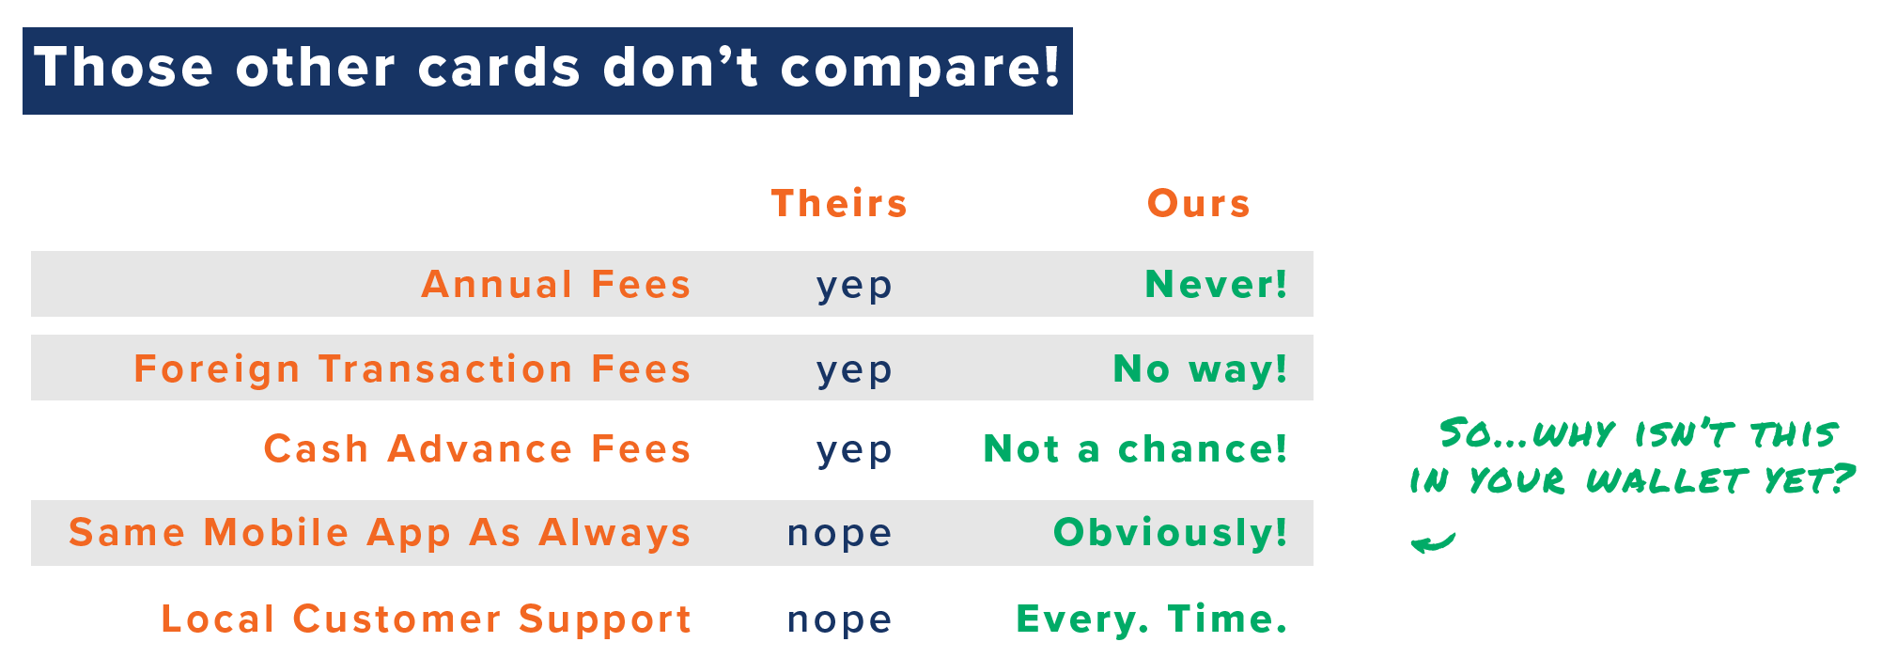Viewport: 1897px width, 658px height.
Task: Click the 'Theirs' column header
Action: [839, 203]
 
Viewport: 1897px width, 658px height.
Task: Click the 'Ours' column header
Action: [1199, 203]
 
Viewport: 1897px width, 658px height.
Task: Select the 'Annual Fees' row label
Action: [556, 284]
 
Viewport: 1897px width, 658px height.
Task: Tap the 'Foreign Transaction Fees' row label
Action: [412, 368]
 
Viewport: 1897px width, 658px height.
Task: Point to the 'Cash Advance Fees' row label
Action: [477, 448]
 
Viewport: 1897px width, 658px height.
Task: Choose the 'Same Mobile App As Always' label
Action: [381, 532]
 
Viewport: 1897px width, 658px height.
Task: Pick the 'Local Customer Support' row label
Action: [427, 619]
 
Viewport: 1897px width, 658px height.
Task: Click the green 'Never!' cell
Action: [1217, 284]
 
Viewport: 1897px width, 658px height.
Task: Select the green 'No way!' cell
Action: [1201, 368]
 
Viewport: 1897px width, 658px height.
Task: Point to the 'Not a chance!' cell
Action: [1136, 448]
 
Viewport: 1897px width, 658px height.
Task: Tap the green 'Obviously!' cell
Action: [1171, 532]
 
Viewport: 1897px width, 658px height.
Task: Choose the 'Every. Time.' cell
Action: [1152, 619]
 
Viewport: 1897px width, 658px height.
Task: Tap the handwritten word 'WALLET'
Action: [1666, 481]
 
